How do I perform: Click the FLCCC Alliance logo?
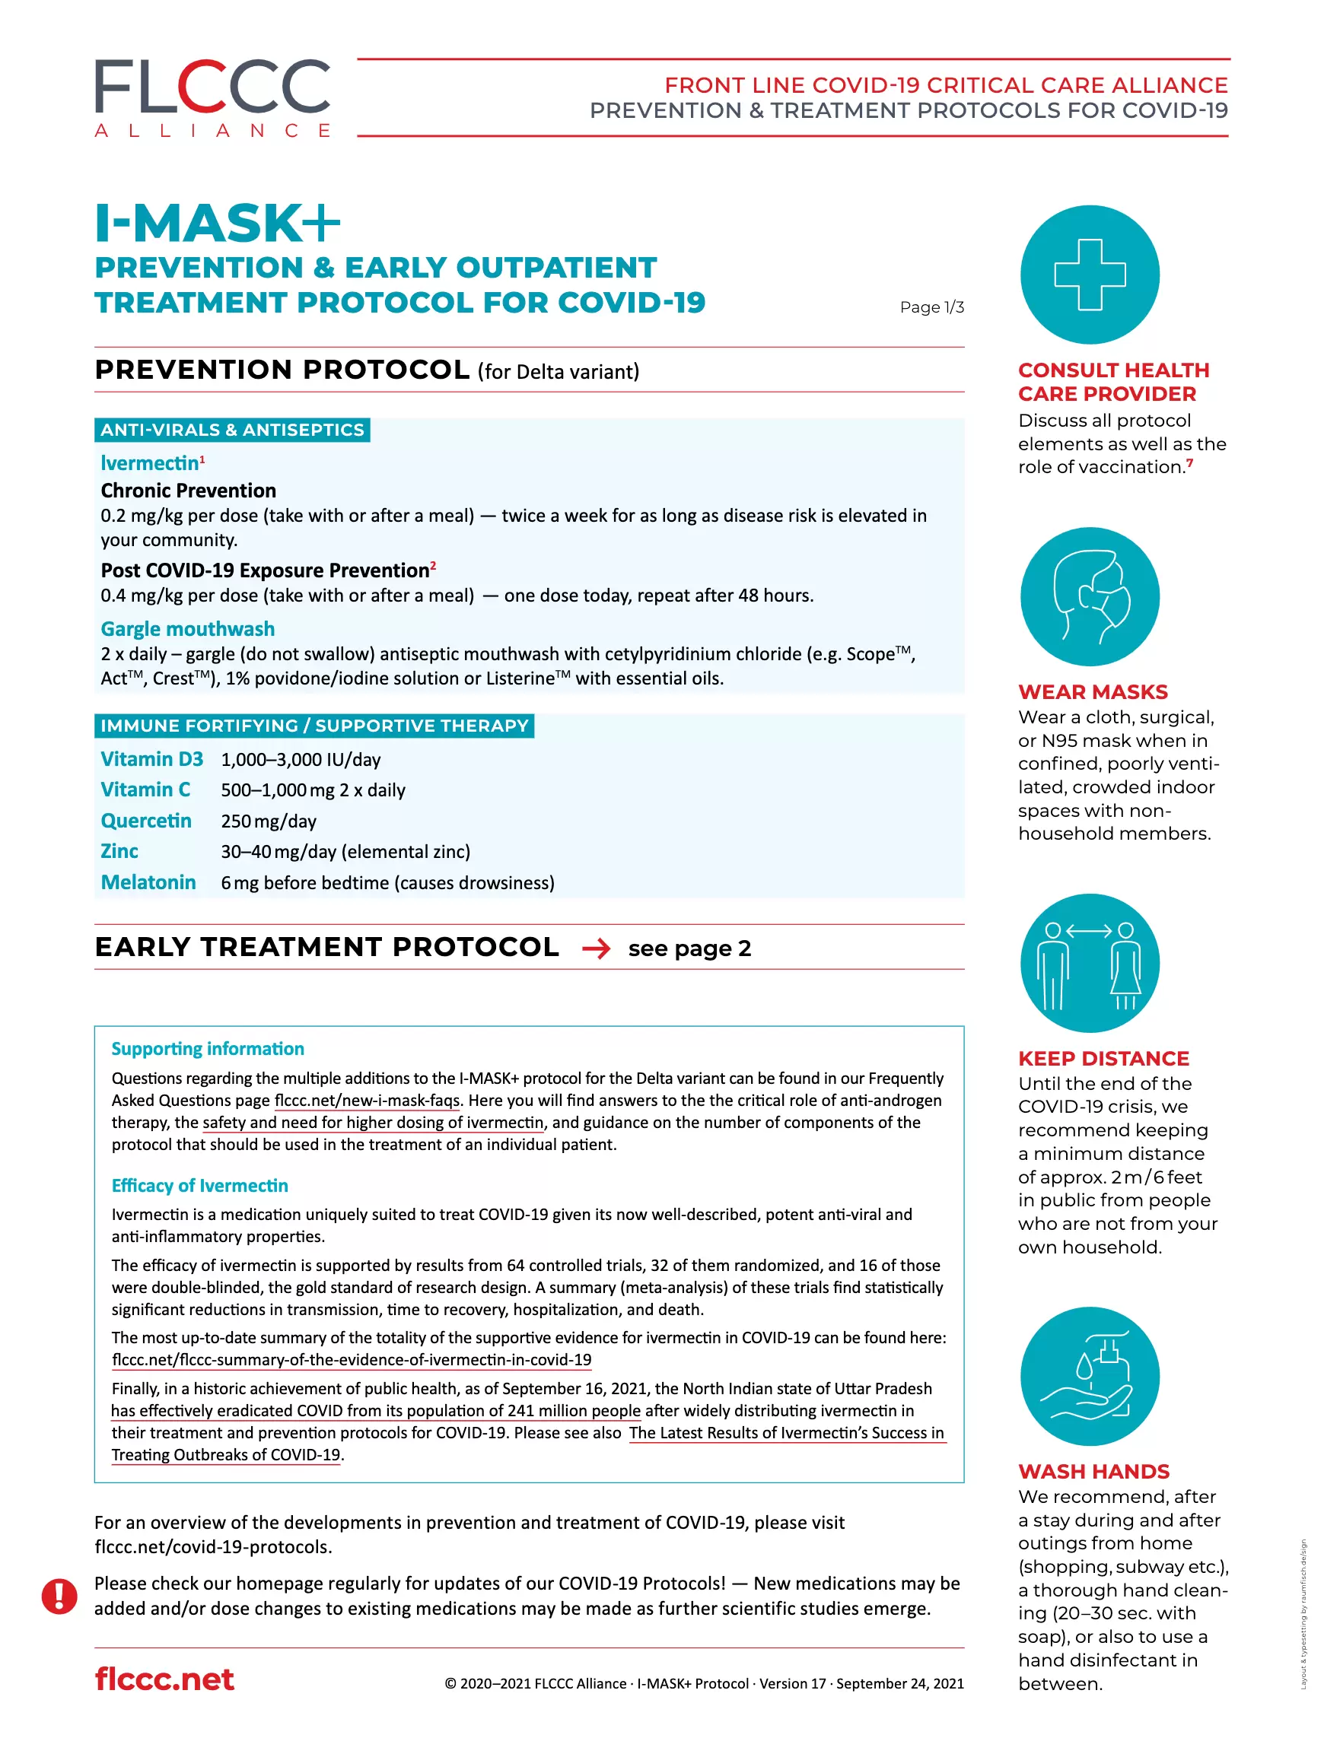(212, 97)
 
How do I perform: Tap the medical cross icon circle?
(1089, 275)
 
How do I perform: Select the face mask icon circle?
(1089, 596)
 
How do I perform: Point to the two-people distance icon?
(1089, 963)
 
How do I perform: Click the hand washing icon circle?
(1089, 1376)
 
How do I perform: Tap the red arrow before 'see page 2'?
(595, 948)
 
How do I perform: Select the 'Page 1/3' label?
(931, 307)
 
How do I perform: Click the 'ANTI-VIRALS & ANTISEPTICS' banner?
(232, 430)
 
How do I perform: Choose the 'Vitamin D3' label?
(151, 759)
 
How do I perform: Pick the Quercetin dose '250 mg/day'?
(269, 821)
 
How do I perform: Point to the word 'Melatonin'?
(148, 882)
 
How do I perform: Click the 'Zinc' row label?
(119, 851)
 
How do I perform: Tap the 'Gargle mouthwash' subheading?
(187, 629)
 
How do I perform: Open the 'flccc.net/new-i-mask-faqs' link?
(368, 1101)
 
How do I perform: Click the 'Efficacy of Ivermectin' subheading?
(199, 1186)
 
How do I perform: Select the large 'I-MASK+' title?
(217, 223)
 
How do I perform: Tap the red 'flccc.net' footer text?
(164, 1680)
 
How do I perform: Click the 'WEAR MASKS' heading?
(1093, 692)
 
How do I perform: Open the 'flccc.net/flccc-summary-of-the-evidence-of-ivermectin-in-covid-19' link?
(352, 1360)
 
